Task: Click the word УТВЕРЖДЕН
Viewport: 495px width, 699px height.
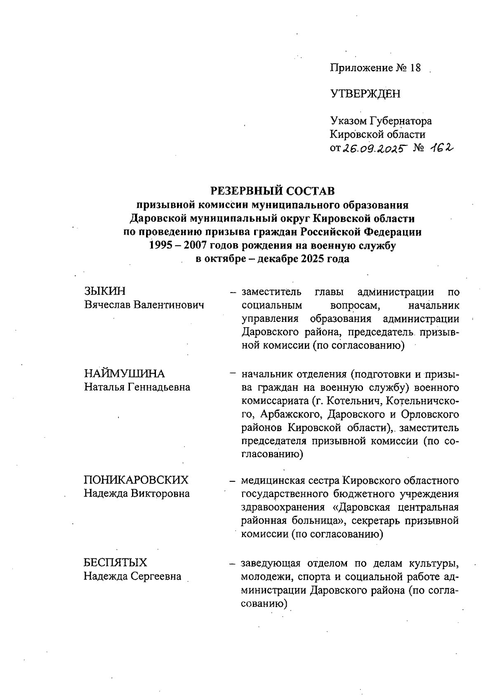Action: [x=365, y=94]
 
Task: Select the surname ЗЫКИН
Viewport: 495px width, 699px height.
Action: [x=105, y=291]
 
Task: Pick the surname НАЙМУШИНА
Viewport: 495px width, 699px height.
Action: [x=124, y=374]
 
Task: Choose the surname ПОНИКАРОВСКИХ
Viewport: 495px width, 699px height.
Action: [x=136, y=480]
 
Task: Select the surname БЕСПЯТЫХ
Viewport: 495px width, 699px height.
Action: [x=115, y=563]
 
